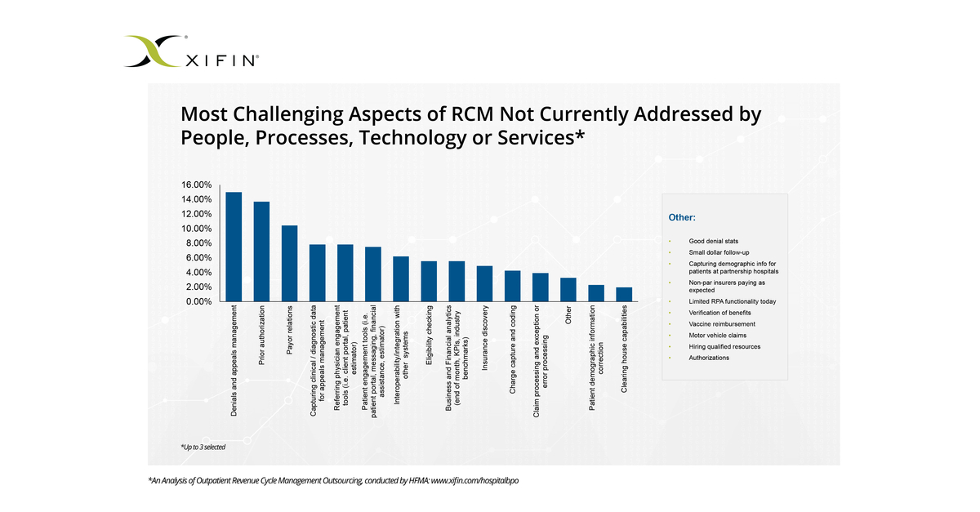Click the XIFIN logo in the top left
point(193,51)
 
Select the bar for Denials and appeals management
point(234,247)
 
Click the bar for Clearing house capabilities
point(624,294)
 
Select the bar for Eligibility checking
point(429,281)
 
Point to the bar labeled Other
point(568,289)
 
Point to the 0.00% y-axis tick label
point(198,301)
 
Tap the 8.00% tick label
point(198,243)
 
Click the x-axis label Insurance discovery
point(485,338)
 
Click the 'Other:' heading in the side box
point(682,218)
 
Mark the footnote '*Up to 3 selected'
point(203,447)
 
